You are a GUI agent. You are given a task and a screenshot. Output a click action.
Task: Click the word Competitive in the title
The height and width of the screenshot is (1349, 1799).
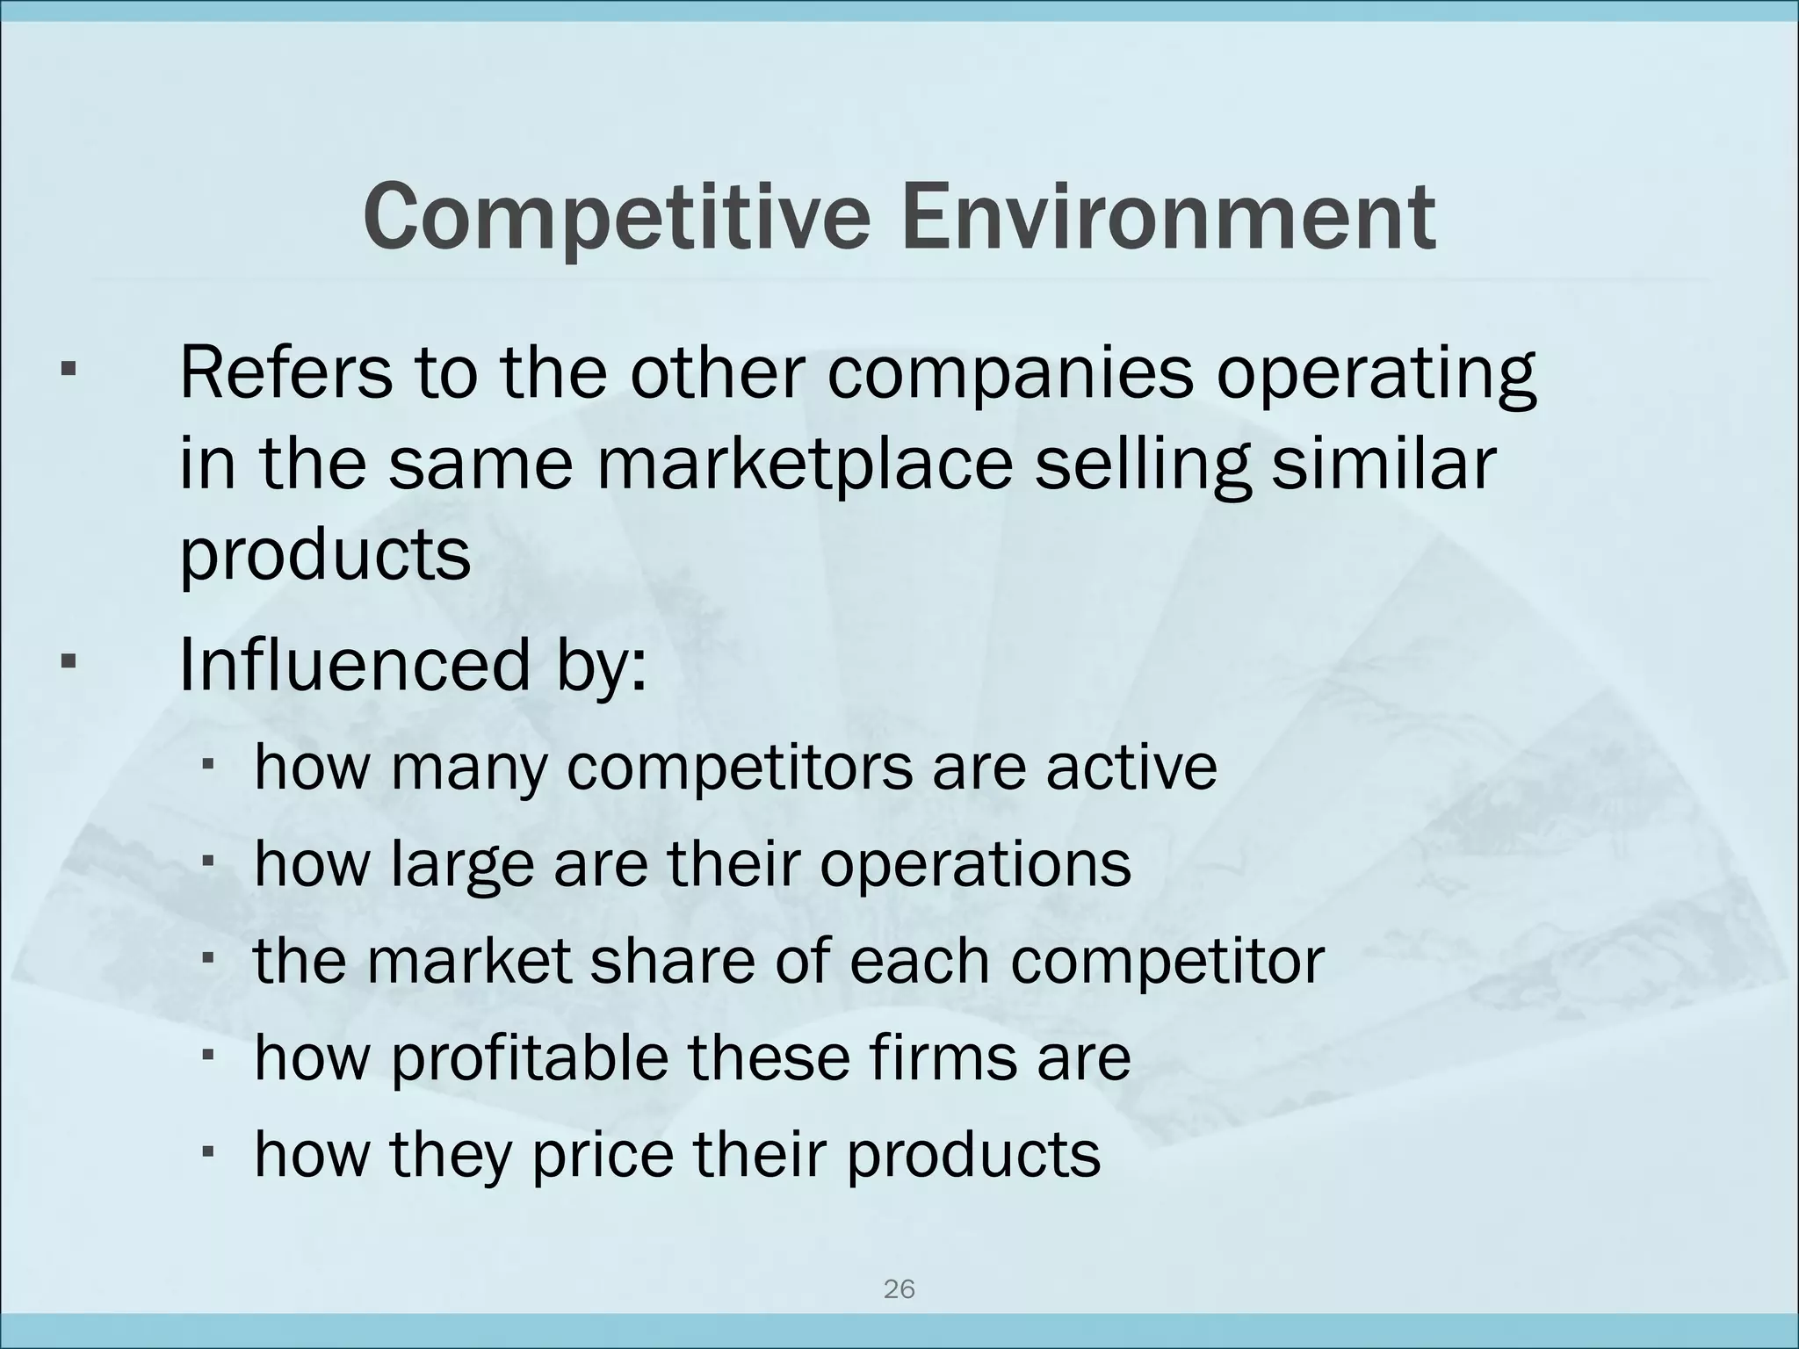point(616,217)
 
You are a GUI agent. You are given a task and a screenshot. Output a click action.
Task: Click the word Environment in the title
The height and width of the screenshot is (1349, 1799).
point(1167,217)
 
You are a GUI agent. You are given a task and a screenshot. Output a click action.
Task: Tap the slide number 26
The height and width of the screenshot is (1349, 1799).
point(899,1289)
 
